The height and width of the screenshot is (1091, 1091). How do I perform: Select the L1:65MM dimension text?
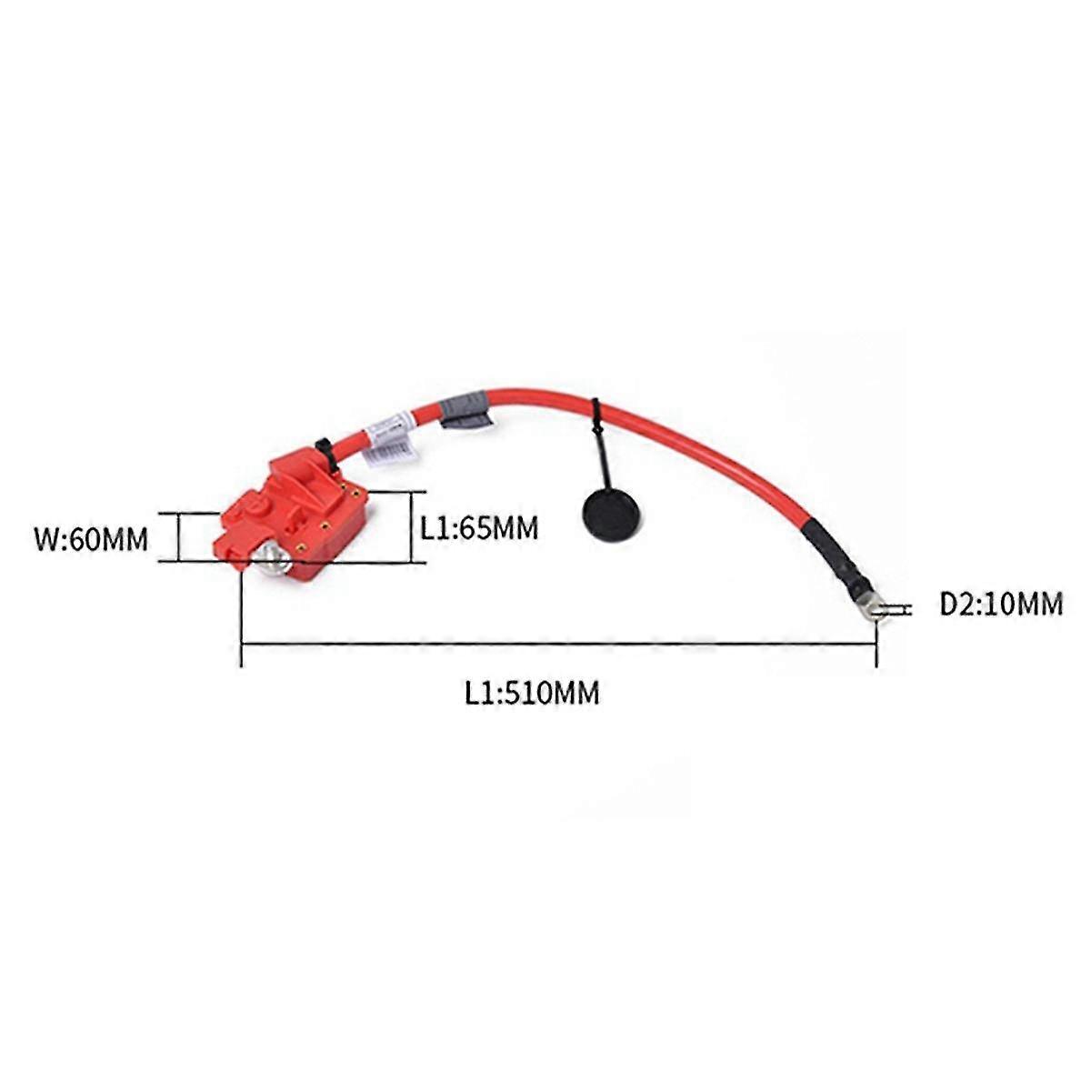[479, 527]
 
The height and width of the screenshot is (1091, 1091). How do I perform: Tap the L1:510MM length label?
[532, 694]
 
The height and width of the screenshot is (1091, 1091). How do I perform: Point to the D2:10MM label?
[1000, 603]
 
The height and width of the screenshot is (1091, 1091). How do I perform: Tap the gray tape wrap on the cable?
[465, 408]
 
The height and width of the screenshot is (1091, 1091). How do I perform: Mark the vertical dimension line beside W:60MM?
[179, 536]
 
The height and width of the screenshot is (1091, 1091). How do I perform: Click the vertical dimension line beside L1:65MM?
[412, 527]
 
